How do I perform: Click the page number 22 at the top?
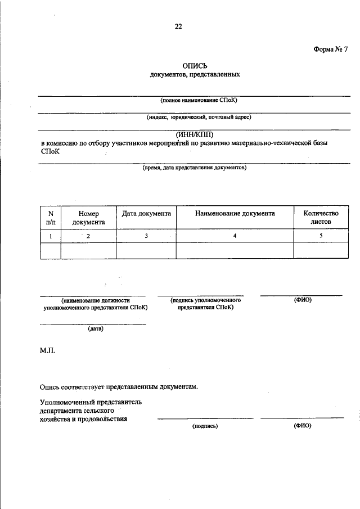[179, 26]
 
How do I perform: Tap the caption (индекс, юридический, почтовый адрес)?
[195, 118]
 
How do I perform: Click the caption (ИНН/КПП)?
[195, 134]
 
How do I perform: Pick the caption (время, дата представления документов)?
[195, 168]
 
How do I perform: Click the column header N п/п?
[50, 218]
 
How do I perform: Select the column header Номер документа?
[88, 218]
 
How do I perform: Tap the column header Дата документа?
[146, 214]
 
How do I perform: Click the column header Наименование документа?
[235, 214]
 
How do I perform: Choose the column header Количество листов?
[320, 218]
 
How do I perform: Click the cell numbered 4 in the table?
[235, 236]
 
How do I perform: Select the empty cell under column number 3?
[146, 250]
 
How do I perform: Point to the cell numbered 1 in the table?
[50, 236]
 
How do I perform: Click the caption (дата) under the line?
[95, 329]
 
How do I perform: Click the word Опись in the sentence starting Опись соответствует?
[51, 386]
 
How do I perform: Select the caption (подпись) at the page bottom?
[205, 426]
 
